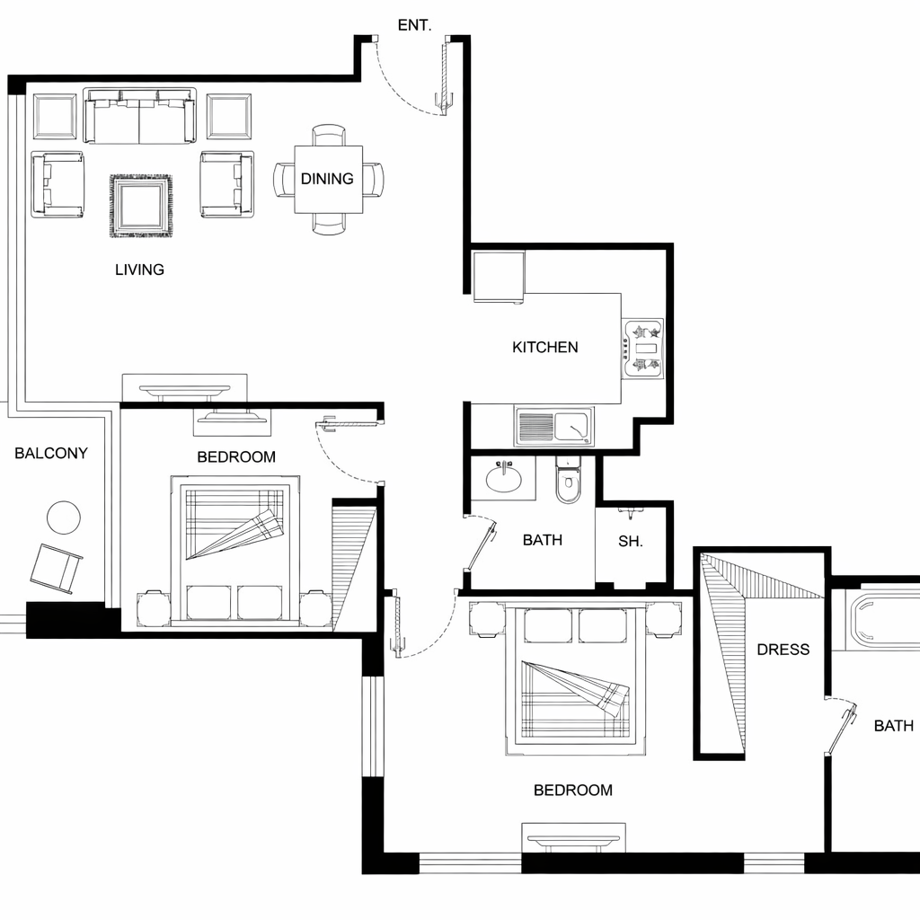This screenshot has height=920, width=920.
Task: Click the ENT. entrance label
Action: pos(414,25)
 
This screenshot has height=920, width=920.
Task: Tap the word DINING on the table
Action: pos(327,179)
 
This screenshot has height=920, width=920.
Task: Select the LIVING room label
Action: pos(139,270)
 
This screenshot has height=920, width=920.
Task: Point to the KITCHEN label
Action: pos(545,348)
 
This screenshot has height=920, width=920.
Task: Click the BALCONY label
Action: pos(51,453)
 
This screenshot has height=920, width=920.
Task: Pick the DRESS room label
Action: pos(783,650)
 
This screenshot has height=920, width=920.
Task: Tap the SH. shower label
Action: pos(630,541)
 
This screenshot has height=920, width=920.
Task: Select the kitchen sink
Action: pos(554,427)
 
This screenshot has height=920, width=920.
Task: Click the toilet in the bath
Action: pos(568,480)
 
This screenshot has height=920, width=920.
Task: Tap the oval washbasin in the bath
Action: pos(503,478)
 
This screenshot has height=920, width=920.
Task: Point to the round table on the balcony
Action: pos(64,517)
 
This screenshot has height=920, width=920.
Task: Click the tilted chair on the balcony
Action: pos(56,568)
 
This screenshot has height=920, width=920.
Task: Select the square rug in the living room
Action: pos(141,206)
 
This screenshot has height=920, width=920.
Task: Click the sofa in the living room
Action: pos(139,116)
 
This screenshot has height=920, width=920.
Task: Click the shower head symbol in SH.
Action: pos(630,513)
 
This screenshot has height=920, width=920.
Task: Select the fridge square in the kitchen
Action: pos(499,277)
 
